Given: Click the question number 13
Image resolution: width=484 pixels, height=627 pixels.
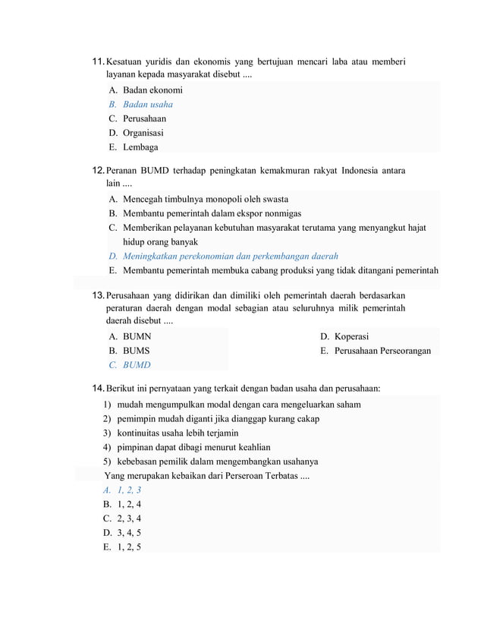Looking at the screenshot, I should tap(97, 294).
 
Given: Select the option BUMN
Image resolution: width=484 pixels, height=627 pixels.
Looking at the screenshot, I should tap(137, 336).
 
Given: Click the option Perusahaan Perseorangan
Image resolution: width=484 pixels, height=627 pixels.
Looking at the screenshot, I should tap(382, 351).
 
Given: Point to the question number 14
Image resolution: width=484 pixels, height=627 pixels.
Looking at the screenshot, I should tap(97, 389).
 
